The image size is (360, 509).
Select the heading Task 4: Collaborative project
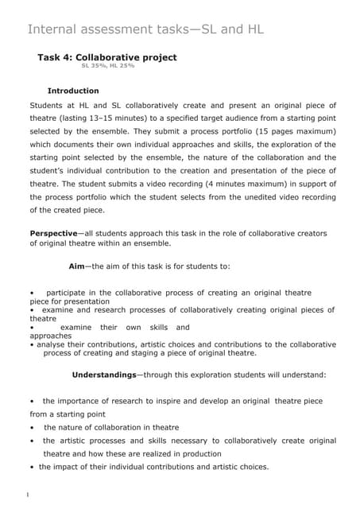click(x=107, y=57)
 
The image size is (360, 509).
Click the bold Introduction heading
click(x=73, y=91)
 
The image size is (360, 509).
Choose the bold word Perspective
click(x=52, y=233)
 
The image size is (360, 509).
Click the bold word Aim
click(x=77, y=266)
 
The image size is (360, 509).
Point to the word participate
click(x=71, y=293)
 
